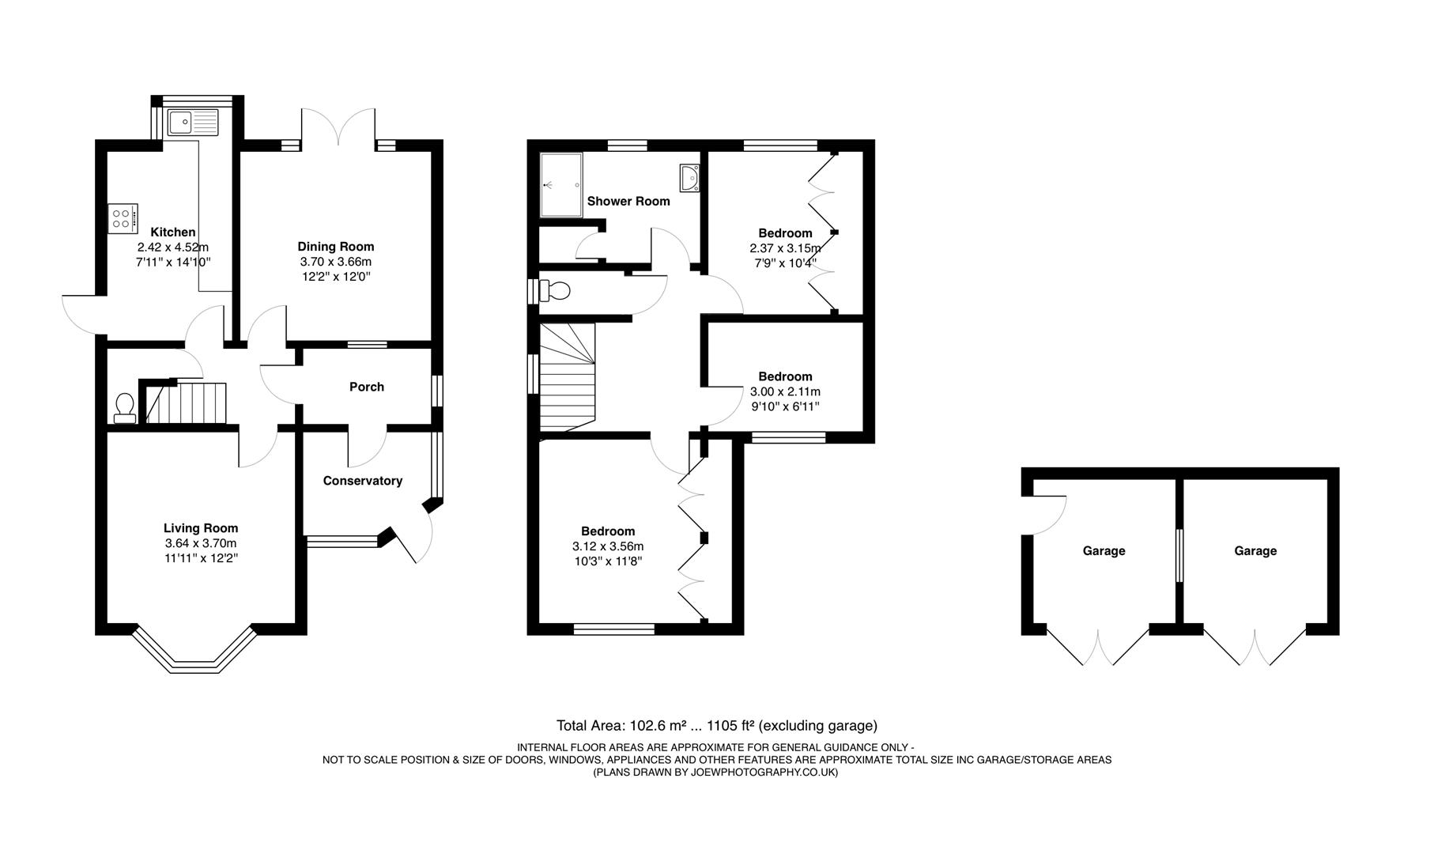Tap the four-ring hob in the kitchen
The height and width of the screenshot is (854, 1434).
(x=122, y=217)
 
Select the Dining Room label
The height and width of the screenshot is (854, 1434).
(x=335, y=247)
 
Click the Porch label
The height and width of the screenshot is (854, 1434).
(x=367, y=387)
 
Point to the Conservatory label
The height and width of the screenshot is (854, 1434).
(x=362, y=481)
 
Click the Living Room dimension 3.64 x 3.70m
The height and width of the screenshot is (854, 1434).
(x=201, y=543)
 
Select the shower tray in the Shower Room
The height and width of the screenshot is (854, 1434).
(x=560, y=185)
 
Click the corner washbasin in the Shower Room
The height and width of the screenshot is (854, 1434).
(x=689, y=178)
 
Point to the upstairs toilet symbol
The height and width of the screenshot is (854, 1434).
(x=556, y=291)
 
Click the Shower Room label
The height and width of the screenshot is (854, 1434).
(x=628, y=201)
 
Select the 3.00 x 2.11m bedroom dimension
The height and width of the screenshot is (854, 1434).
(x=785, y=391)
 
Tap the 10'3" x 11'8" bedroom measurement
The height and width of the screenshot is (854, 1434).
(x=607, y=561)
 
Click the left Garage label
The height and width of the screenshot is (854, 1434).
(x=1104, y=551)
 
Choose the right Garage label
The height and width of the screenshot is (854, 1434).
(x=1255, y=551)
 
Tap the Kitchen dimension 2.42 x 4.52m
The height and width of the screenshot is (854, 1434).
(x=172, y=247)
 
